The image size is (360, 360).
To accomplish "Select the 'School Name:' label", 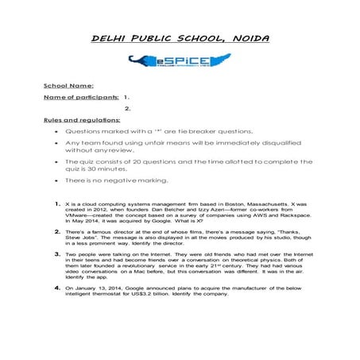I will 68,85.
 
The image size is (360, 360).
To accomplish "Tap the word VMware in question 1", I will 79,218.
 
